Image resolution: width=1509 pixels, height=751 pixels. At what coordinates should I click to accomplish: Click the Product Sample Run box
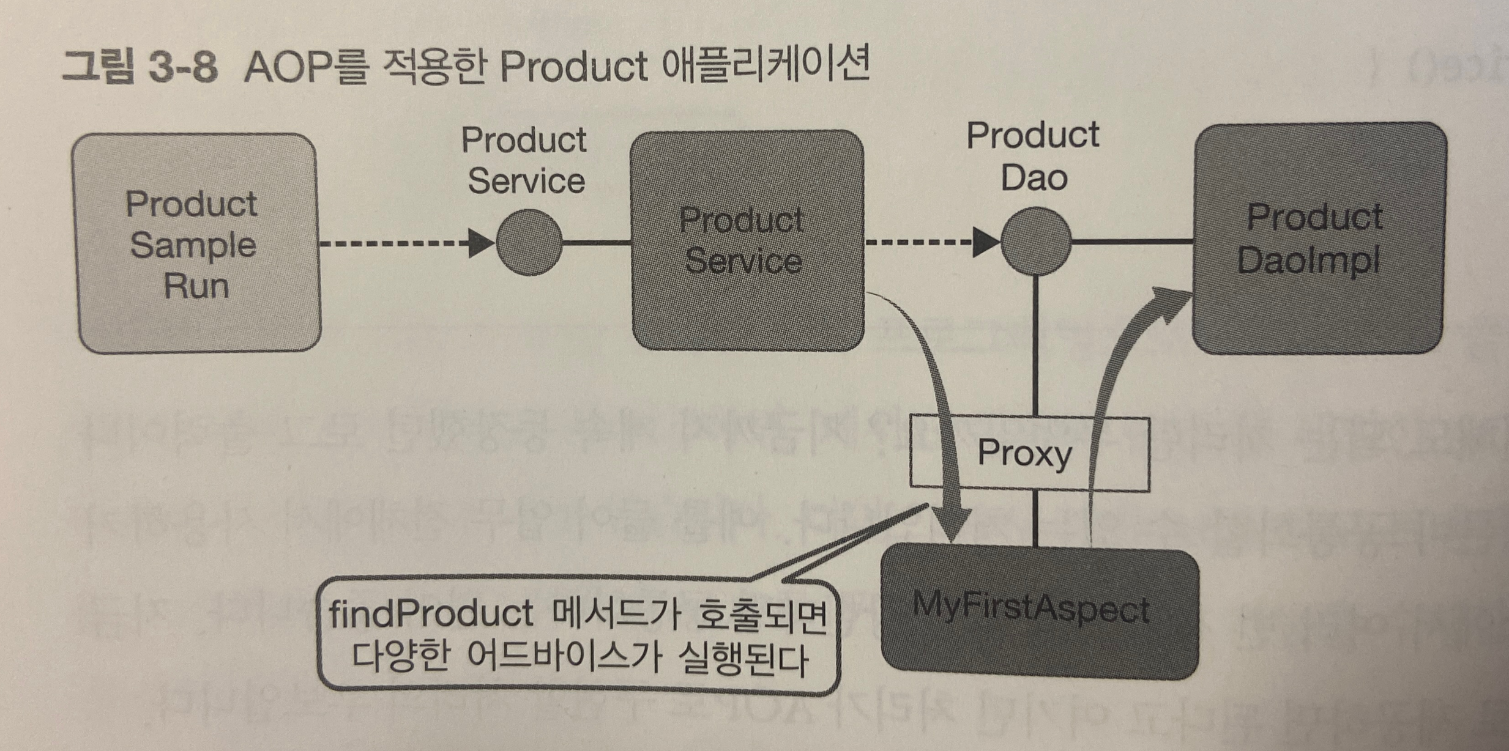click(x=196, y=243)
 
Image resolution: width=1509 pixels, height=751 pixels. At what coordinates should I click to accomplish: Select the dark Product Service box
click(x=747, y=240)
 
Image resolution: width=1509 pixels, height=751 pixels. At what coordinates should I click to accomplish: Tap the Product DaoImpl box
click(x=1319, y=239)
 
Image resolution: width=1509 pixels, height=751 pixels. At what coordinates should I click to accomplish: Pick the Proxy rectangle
click(x=1029, y=453)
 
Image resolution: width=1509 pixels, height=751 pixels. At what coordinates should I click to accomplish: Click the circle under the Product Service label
click(x=529, y=243)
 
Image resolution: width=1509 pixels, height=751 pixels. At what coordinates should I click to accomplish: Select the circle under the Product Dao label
click(x=1035, y=241)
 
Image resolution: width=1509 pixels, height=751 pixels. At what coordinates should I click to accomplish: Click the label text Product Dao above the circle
click(x=1033, y=157)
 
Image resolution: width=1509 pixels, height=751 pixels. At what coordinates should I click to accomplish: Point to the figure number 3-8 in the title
click(x=182, y=67)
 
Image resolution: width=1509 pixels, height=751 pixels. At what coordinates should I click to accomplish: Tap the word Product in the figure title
click(x=573, y=67)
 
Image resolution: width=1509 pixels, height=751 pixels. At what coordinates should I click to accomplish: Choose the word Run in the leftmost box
click(x=196, y=286)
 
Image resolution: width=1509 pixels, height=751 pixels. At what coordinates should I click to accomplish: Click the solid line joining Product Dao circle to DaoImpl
click(x=1132, y=242)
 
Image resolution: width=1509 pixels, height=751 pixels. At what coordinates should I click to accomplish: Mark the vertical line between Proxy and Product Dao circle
click(x=1035, y=346)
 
